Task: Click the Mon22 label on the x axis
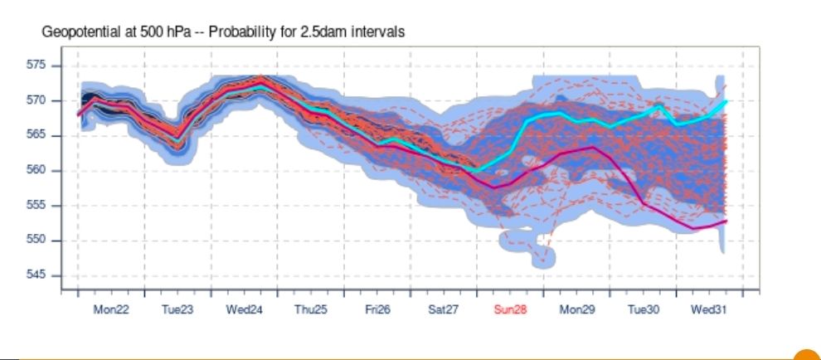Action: (x=111, y=309)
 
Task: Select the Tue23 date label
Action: (x=177, y=309)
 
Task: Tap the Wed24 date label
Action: (x=245, y=309)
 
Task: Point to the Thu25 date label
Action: (x=311, y=309)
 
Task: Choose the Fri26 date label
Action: (x=377, y=309)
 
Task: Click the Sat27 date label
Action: (x=444, y=309)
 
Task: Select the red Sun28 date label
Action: (x=510, y=309)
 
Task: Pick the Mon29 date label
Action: (x=577, y=309)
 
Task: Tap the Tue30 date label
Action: (x=644, y=309)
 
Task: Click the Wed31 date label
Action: (x=710, y=309)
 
